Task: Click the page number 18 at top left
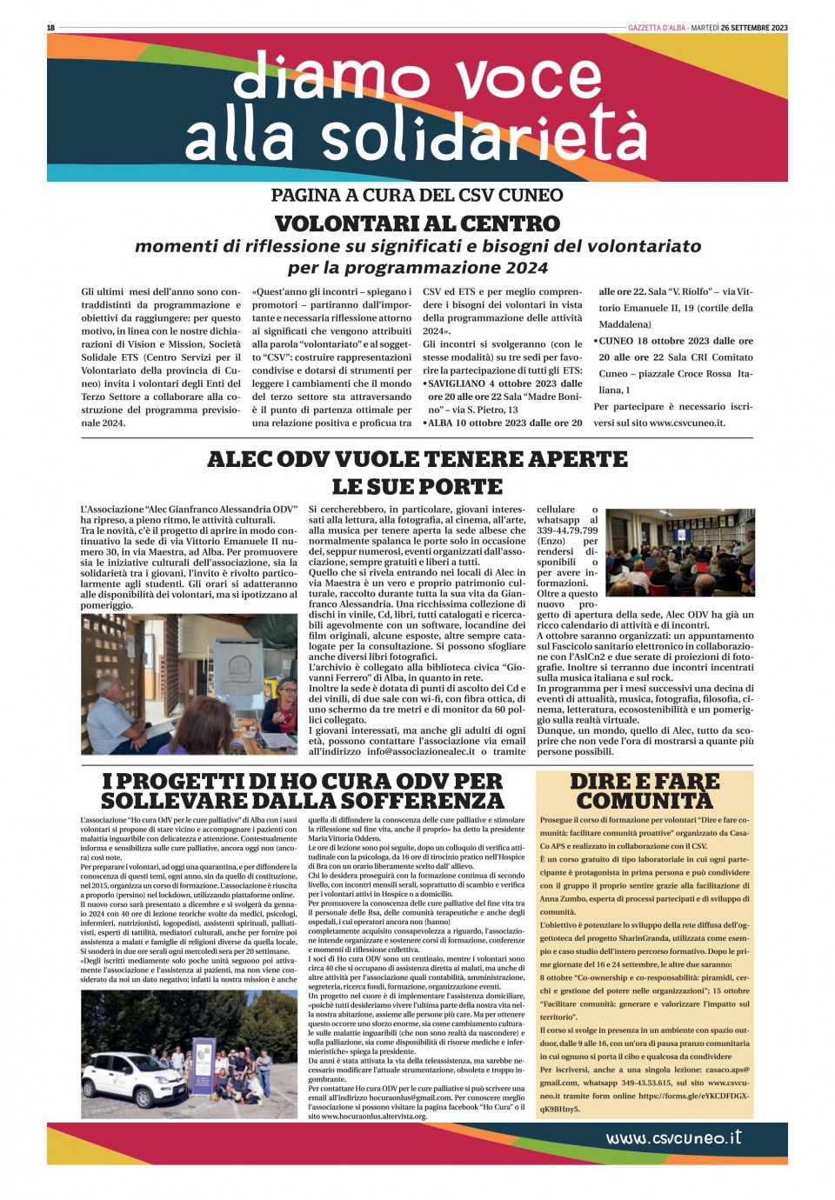(x=50, y=28)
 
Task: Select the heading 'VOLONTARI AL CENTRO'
(x=417, y=223)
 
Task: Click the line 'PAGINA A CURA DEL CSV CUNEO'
(x=417, y=195)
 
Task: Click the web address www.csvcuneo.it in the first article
(x=687, y=423)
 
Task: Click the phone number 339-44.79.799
(x=567, y=530)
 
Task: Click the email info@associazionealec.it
(x=421, y=751)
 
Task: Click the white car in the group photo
(x=128, y=1074)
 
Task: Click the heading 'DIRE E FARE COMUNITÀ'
(x=645, y=790)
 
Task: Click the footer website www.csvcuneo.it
(x=673, y=1137)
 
